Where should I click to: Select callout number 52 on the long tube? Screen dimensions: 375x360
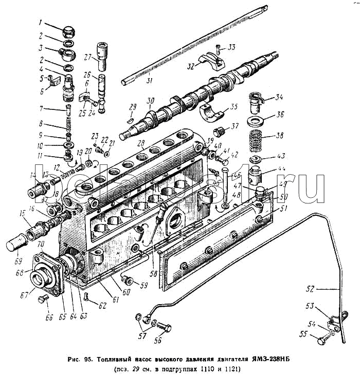click(x=319, y=289)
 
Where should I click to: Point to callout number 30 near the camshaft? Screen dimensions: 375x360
click(x=150, y=101)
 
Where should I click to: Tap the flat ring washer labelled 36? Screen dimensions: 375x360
click(x=257, y=122)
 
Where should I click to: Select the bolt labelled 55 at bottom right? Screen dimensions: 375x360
click(x=321, y=340)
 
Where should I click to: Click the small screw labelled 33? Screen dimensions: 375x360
click(x=218, y=49)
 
